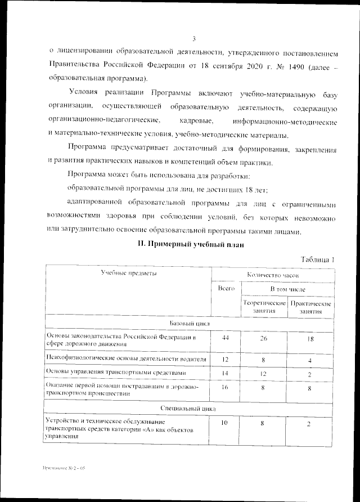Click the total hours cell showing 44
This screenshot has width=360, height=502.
[x=226, y=337]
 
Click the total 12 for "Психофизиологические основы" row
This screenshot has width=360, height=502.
[x=225, y=359]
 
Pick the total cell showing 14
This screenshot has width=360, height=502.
[x=225, y=373]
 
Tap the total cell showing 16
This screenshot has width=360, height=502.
[x=225, y=387]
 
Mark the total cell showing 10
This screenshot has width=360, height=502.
[x=225, y=423]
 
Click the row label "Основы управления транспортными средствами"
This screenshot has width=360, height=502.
[x=115, y=373]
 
